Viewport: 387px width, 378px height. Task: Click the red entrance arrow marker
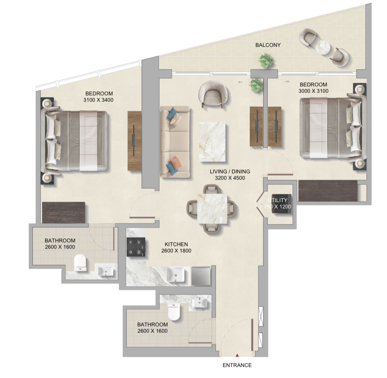[237, 356]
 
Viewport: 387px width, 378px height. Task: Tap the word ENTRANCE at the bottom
[237, 365]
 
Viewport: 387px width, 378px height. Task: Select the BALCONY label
[268, 45]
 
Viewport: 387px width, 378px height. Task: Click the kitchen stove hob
[136, 247]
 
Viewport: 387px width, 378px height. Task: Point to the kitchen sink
[176, 275]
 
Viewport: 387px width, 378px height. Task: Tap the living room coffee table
[212, 142]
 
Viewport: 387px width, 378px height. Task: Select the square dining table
[212, 209]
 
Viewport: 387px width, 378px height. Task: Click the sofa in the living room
[175, 142]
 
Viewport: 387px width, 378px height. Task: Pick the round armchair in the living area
[213, 93]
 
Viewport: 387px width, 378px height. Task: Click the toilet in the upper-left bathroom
[81, 263]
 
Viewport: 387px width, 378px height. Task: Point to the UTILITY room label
[278, 200]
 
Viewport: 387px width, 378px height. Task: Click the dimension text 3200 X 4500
[230, 178]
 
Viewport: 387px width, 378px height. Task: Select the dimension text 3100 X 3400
[98, 100]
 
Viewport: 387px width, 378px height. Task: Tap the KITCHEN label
[176, 244]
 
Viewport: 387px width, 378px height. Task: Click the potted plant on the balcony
[266, 61]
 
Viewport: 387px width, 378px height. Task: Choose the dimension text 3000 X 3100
[314, 91]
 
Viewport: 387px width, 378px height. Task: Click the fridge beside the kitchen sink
[201, 276]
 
